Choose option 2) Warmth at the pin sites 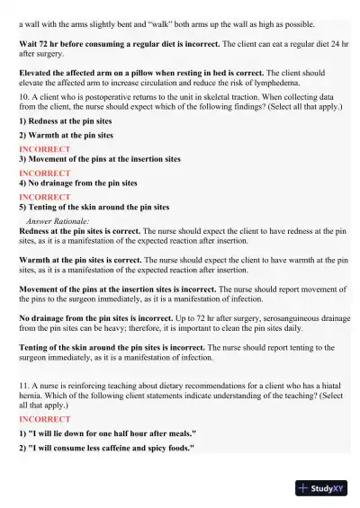click(67, 134)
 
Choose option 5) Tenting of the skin click(94, 207)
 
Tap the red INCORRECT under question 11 click(44, 419)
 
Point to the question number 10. click(23, 94)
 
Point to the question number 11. click(23, 384)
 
